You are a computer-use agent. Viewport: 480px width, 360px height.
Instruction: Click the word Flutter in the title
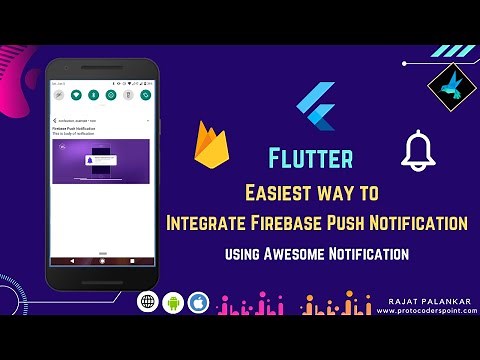click(310, 159)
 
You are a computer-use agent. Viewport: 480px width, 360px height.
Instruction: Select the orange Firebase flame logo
click(209, 145)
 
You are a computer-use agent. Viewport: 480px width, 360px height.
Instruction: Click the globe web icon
click(147, 302)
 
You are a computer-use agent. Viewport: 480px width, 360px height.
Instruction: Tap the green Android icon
click(172, 302)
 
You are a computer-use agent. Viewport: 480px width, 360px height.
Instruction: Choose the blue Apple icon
click(197, 302)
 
